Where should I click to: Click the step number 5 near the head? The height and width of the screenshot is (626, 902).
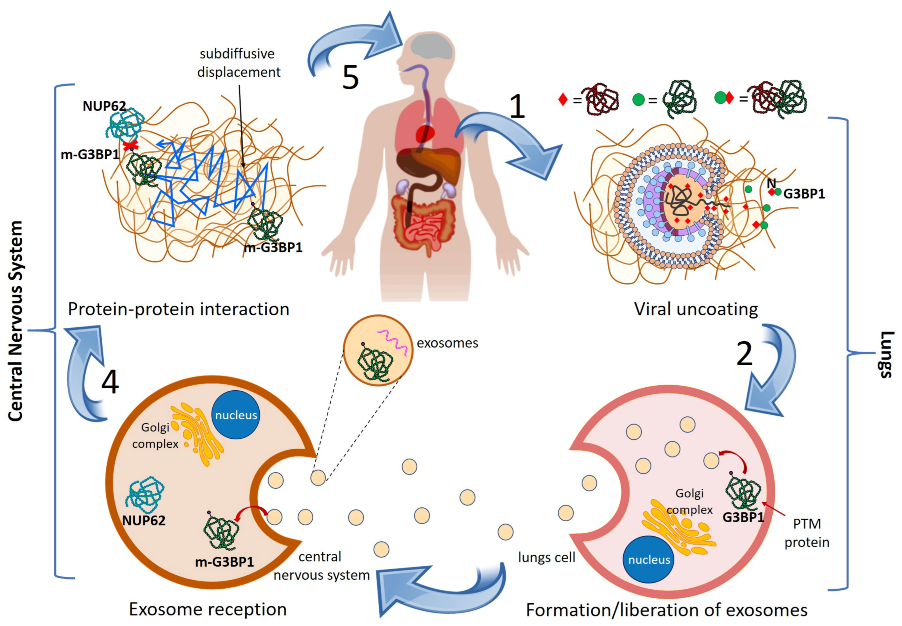[350, 77]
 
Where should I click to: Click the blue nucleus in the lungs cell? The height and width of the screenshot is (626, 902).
[648, 559]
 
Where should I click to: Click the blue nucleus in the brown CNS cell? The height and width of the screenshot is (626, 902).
[236, 415]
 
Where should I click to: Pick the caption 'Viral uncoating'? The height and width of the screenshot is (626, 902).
[695, 309]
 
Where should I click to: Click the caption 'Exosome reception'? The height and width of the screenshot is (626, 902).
[208, 609]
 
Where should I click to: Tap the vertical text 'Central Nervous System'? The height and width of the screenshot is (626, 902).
[16, 321]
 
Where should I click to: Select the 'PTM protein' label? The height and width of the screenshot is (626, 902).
[806, 533]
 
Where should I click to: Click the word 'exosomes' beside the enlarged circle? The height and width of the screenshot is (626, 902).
[447, 343]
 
